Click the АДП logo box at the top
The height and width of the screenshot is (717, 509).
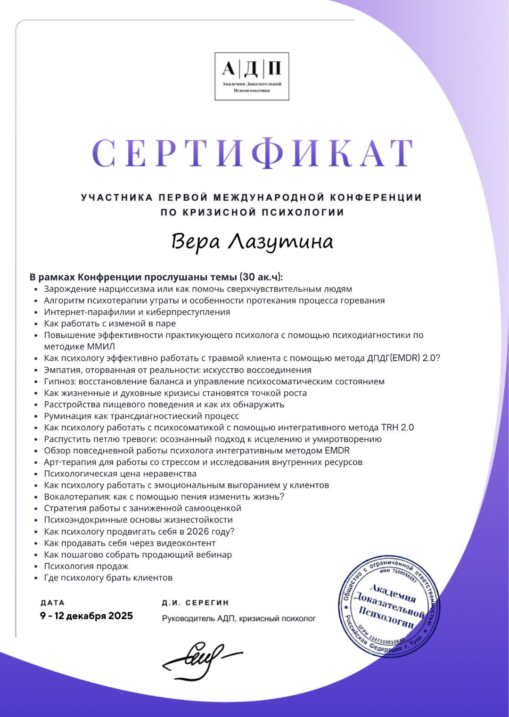click(x=252, y=76)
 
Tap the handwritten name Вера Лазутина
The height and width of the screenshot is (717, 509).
click(x=252, y=242)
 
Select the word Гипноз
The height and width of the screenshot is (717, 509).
click(x=60, y=381)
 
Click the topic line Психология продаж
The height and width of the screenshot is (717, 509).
click(x=86, y=566)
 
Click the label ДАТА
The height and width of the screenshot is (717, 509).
click(x=53, y=603)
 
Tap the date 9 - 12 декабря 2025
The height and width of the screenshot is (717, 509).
click(x=87, y=616)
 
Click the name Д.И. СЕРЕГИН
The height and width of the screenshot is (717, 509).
click(x=195, y=603)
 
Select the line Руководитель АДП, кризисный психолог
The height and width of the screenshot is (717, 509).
click(x=238, y=618)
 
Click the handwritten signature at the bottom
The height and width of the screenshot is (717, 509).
click(x=200, y=660)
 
